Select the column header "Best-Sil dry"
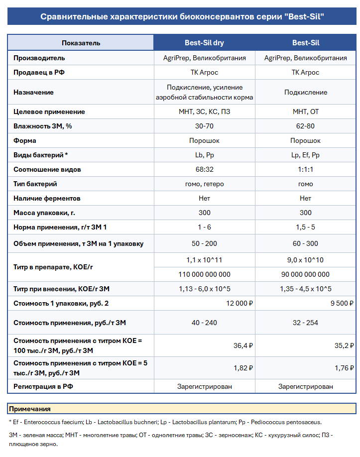click(x=204, y=43)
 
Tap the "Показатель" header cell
click(x=81, y=43)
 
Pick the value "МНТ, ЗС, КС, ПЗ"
click(x=204, y=112)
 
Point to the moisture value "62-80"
click(x=305, y=126)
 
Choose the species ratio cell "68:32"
click(x=204, y=169)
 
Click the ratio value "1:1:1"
click(x=305, y=169)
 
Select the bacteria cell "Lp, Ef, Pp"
click(x=305, y=155)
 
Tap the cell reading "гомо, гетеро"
click(x=204, y=184)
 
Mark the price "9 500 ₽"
click(x=340, y=303)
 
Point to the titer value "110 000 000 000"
click(x=204, y=274)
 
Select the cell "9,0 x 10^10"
click(x=305, y=260)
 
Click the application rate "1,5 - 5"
click(x=305, y=227)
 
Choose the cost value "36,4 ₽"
click(x=243, y=345)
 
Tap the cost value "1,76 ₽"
click(x=344, y=368)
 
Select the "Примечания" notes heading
click(x=30, y=409)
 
